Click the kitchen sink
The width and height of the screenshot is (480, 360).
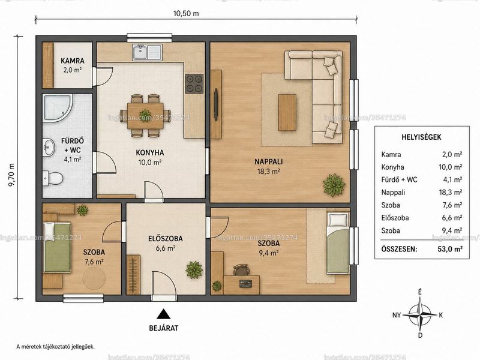coord(147,52)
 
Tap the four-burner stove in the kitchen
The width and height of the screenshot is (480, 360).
coord(194,83)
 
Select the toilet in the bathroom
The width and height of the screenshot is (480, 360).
coord(53,178)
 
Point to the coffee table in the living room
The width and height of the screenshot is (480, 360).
coord(287,112)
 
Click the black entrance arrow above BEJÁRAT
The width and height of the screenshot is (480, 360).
coord(163,314)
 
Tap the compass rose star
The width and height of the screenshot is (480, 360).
coord(421,315)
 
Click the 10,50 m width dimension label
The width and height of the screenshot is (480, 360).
coord(186,13)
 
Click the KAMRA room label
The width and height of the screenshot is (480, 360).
coord(72,61)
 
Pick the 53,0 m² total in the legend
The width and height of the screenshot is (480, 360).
coord(449,249)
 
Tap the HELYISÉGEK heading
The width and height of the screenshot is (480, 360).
coord(421,137)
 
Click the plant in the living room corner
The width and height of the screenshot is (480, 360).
coord(334,185)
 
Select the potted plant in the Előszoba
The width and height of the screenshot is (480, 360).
coord(194,269)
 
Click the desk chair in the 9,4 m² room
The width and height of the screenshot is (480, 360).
coord(242,270)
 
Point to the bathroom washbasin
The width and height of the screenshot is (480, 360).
coord(49,148)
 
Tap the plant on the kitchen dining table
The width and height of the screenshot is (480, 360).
coord(145,115)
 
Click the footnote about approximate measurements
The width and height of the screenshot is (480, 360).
coord(55,347)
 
